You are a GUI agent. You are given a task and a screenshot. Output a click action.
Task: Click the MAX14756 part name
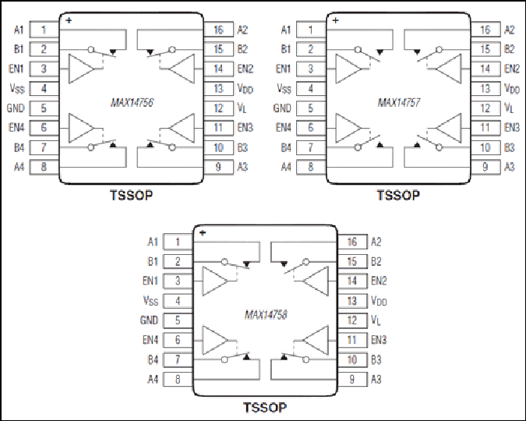pos(132,102)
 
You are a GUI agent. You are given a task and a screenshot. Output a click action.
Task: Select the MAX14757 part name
pos(399,102)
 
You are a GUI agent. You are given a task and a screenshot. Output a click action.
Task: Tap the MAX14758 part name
pos(266,314)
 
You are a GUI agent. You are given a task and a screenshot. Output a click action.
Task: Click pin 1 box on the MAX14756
pos(44,30)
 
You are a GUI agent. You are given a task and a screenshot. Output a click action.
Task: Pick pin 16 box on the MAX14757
pos(485,30)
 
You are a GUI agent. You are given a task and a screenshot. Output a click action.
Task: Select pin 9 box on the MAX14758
pos(352,380)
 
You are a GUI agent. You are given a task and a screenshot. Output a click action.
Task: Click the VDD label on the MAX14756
pos(245,89)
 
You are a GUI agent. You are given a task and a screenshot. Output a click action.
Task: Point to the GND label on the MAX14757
pos(282,108)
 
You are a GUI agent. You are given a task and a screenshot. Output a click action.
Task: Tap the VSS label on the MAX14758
pos(150,300)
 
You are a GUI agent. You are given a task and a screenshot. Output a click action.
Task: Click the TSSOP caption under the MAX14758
pos(265,408)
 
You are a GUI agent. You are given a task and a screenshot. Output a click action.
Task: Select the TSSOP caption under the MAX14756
pos(132,195)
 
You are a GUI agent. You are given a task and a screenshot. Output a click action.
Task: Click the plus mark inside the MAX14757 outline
pos(335,20)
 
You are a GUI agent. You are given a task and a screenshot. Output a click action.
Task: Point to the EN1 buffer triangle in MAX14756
pos(81,69)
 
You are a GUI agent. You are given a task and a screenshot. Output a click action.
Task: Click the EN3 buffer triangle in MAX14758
pos(316,340)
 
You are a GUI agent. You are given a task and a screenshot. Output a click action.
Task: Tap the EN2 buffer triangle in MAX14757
pos(449,69)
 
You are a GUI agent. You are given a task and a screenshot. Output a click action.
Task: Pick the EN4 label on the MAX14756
pos(16,128)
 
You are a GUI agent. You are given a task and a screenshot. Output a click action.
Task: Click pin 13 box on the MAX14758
pos(352,301)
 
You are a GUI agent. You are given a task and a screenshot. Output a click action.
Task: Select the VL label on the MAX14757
pos(509,108)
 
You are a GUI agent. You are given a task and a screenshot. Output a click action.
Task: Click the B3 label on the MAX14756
pos(242,147)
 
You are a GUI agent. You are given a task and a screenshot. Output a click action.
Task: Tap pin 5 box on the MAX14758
pos(178,320)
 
